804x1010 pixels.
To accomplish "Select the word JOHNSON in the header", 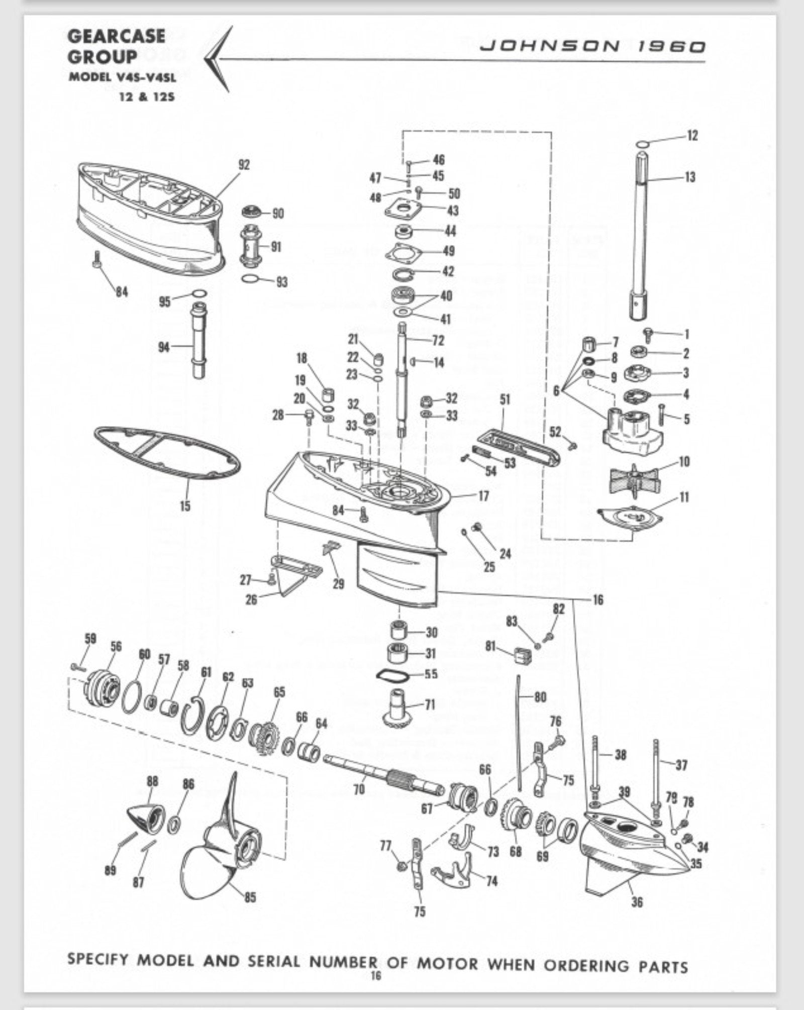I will (x=550, y=47).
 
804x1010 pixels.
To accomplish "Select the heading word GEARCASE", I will (x=116, y=36).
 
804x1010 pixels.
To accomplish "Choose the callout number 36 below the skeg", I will (x=637, y=902).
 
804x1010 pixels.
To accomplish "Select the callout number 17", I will (x=483, y=496).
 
